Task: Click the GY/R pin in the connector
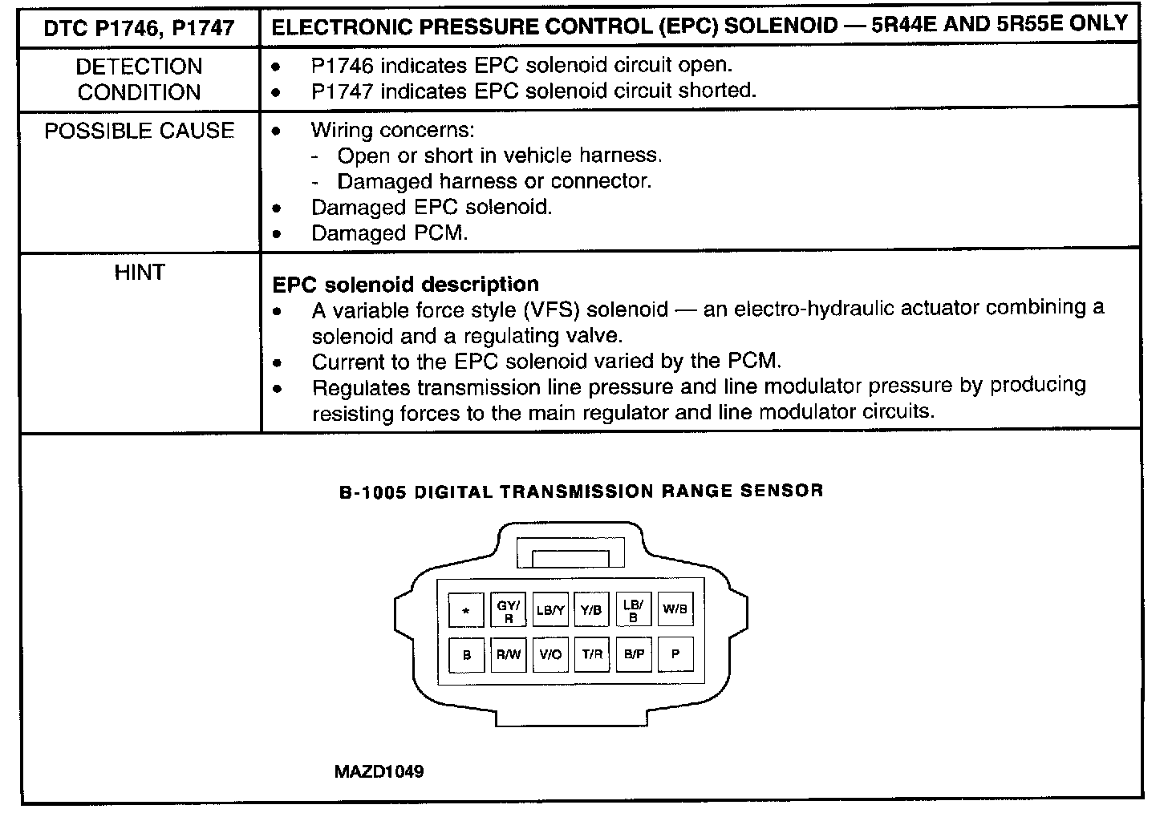coord(509,610)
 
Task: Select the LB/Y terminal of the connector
coord(550,610)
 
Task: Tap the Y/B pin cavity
coord(591,610)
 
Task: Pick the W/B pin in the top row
coord(675,609)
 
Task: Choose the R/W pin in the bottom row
coord(509,654)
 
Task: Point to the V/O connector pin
coord(550,654)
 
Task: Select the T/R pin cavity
coord(592,654)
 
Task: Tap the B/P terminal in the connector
coord(634,654)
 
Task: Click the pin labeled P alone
coord(675,654)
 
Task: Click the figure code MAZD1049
coord(379,771)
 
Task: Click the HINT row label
coord(140,273)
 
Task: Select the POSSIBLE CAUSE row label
coord(140,131)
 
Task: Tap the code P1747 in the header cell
coord(203,27)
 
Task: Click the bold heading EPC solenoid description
coord(406,285)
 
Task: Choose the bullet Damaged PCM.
coord(389,233)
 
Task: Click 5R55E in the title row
coord(1042,23)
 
